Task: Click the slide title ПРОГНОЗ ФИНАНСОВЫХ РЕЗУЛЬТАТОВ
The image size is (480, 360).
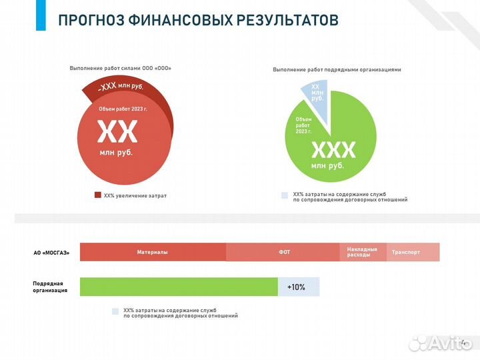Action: pos(198,19)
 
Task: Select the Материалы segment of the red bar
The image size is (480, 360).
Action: pos(153,252)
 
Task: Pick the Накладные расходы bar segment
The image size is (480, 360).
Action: pos(363,252)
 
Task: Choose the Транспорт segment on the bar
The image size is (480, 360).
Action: pos(413,252)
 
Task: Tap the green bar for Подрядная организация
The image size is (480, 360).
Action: pos(179,287)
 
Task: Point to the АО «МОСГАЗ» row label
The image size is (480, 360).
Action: pos(51,253)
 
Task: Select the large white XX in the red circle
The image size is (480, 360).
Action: pos(117,133)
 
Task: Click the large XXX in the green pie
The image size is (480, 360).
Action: pos(333,149)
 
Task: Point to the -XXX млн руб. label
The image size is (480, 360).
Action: pos(121,87)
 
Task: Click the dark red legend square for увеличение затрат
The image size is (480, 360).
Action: pos(97,195)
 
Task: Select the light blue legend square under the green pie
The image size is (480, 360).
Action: pos(285,195)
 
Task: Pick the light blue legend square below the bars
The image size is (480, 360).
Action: pos(115,311)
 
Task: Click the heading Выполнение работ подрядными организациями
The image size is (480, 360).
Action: pos(337,69)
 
